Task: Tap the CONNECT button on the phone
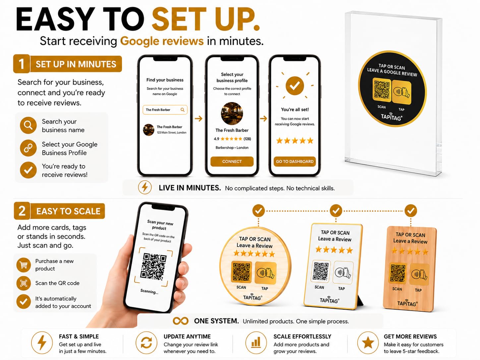pyautogui.click(x=232, y=161)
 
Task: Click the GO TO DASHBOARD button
pyautogui.click(x=295, y=161)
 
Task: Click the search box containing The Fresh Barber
pyautogui.click(x=165, y=110)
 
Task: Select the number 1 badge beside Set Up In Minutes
pyautogui.click(x=22, y=64)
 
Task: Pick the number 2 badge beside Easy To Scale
pyautogui.click(x=22, y=211)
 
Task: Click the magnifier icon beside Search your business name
pyautogui.click(x=28, y=125)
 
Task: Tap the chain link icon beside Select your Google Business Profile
pyautogui.click(x=28, y=148)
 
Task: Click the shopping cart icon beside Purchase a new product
pyautogui.click(x=24, y=265)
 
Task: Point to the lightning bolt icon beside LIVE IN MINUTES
pyautogui.click(x=145, y=188)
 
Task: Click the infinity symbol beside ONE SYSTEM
pyautogui.click(x=180, y=321)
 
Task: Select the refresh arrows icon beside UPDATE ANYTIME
pyautogui.click(x=146, y=342)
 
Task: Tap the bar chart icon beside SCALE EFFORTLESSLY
pyautogui.click(x=256, y=342)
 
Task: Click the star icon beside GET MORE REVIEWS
pyautogui.click(x=368, y=342)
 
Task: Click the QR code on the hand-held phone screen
pyautogui.click(x=153, y=267)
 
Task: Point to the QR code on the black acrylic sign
pyautogui.click(x=382, y=90)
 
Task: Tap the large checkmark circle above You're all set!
pyautogui.click(x=295, y=86)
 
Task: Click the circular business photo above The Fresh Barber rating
pyautogui.click(x=232, y=113)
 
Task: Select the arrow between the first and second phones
pyautogui.click(x=199, y=119)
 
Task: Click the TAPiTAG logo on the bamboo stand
pyautogui.click(x=407, y=303)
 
